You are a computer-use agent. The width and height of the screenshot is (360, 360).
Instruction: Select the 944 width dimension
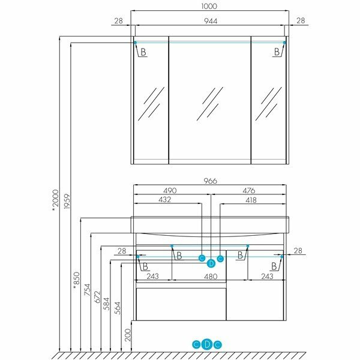click(209, 21)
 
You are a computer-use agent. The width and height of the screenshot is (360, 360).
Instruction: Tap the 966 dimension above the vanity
click(209, 181)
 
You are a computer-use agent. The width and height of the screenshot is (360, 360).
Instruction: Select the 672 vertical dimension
click(96, 296)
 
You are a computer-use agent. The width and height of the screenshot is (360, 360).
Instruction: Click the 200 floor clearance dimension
click(127, 335)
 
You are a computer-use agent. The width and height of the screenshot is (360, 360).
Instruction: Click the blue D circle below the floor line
click(207, 344)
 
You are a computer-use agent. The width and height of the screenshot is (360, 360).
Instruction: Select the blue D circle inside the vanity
click(211, 263)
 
